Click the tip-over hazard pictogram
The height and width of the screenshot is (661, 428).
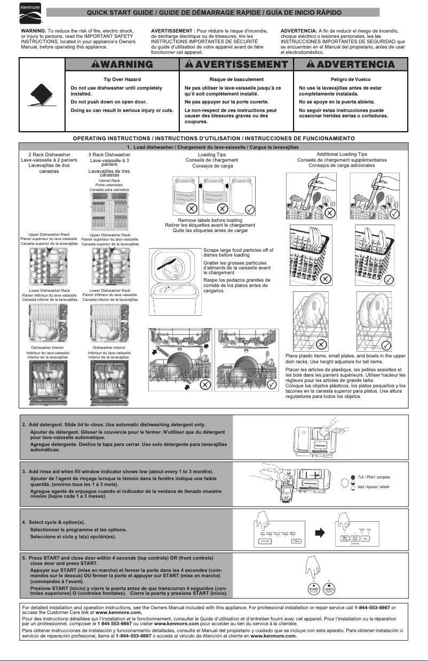coord(41,95)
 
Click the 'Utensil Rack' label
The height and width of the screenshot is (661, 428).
coord(109,180)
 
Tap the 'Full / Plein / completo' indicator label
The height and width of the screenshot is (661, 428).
coord(374,477)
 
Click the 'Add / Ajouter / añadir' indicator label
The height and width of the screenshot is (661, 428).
coord(374,487)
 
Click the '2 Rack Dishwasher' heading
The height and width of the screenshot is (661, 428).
coord(49,154)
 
